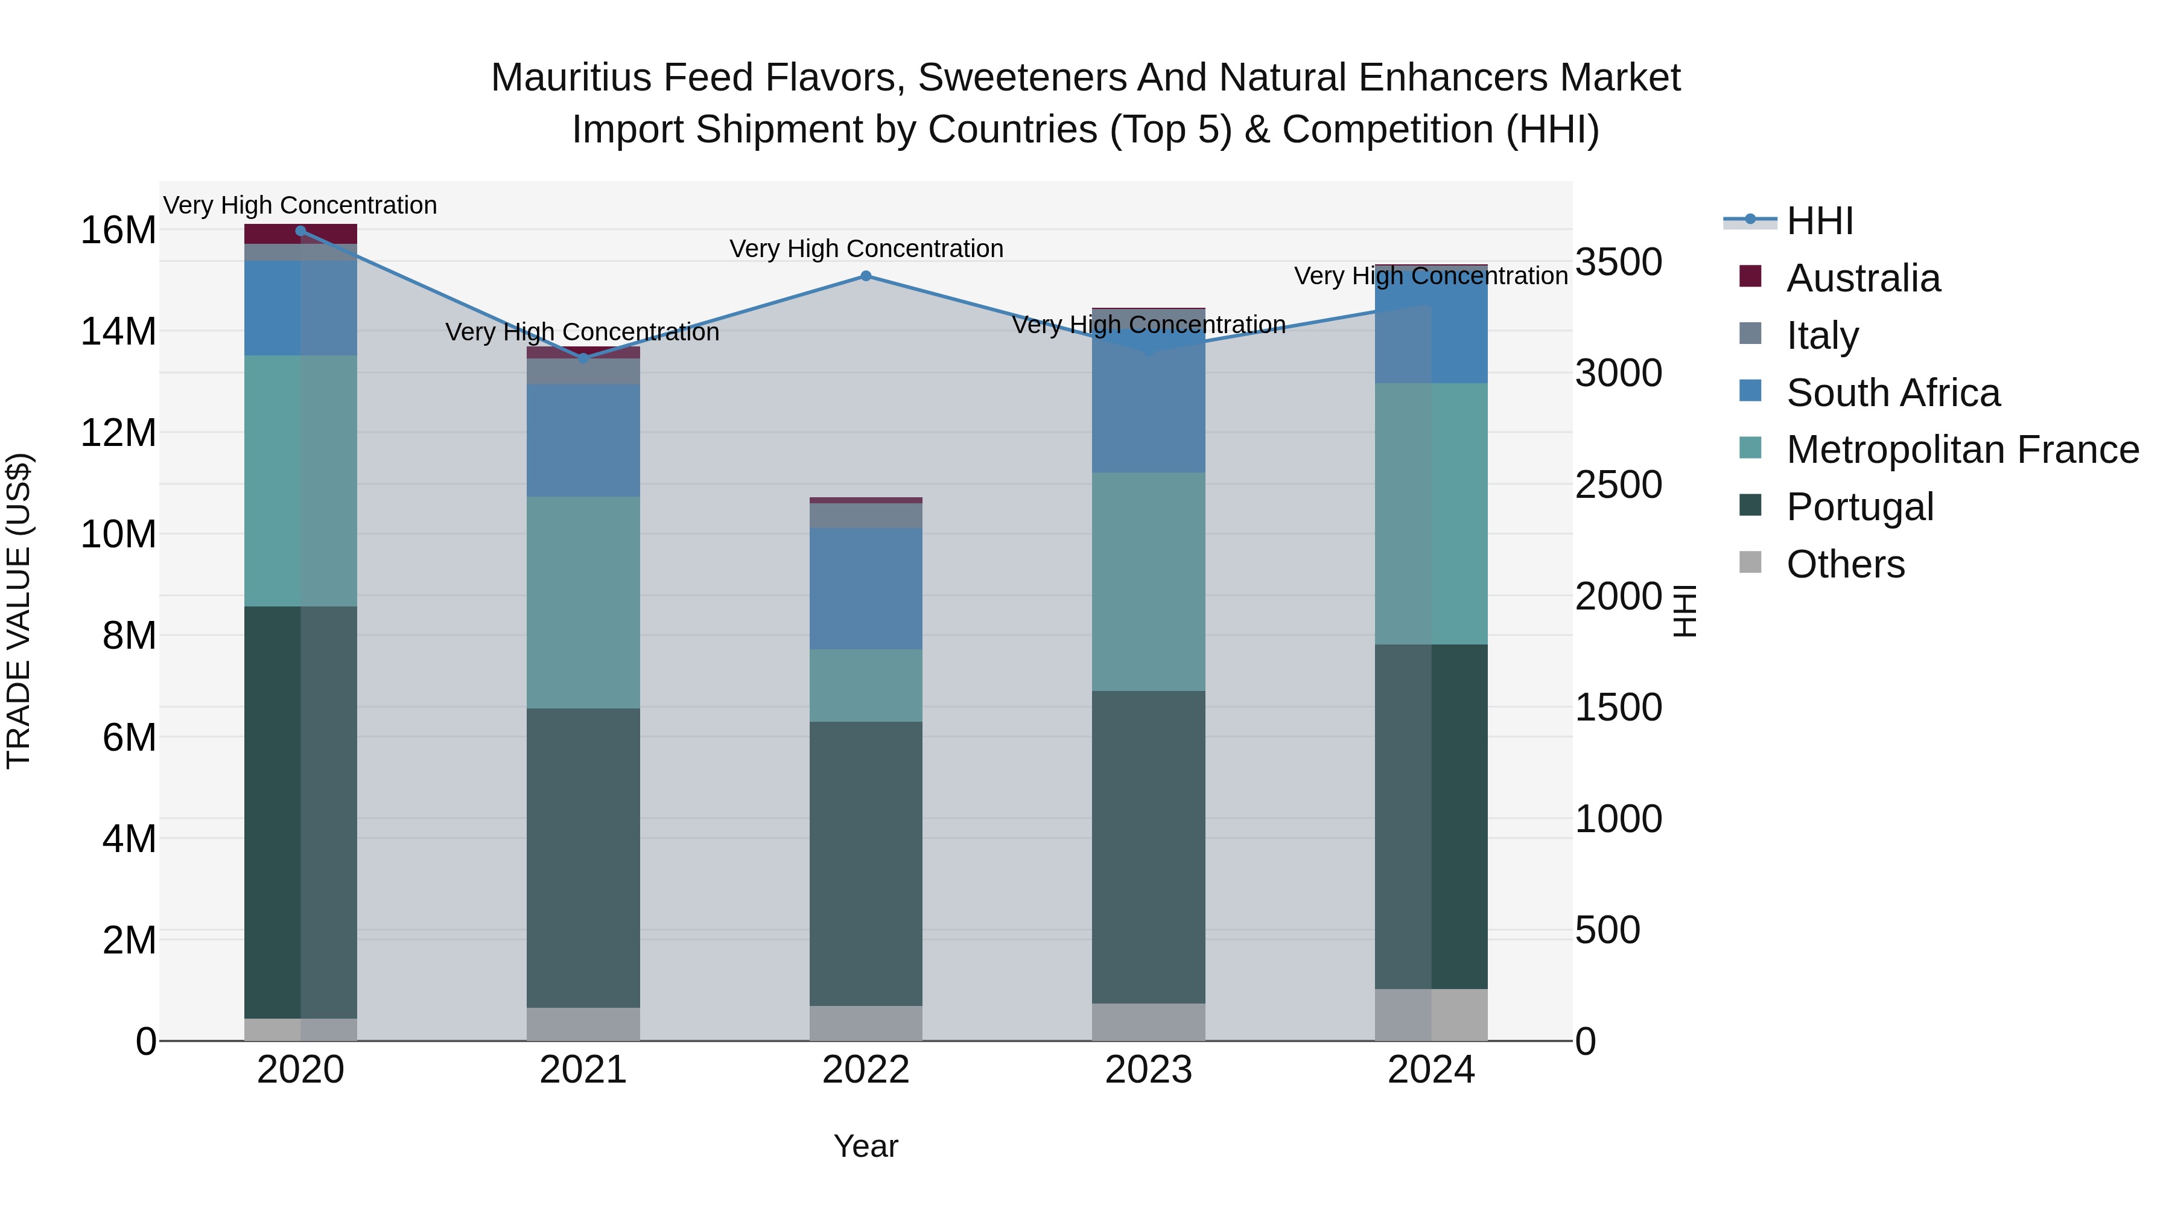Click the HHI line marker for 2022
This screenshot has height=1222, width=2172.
tap(865, 276)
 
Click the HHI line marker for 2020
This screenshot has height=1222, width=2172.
tap(300, 231)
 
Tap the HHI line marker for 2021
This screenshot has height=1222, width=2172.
tap(583, 358)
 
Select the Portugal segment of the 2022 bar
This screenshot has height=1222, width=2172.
tap(865, 863)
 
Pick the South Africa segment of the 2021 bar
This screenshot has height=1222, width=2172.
tap(583, 441)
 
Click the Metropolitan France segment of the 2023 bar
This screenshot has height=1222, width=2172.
tap(1148, 581)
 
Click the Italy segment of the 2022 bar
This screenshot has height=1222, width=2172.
tap(865, 515)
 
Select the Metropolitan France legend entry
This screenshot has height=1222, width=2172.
tap(1962, 450)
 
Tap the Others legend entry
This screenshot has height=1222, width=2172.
tap(1845, 564)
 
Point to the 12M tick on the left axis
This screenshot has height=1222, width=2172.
tap(118, 433)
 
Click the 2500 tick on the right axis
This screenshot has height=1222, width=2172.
tap(1618, 485)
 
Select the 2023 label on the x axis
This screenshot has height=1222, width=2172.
tap(1148, 1070)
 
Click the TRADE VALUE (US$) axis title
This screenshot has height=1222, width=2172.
tap(19, 611)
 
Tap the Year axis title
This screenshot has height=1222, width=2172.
tap(865, 1146)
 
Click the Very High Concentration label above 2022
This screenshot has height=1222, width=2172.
tap(865, 249)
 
